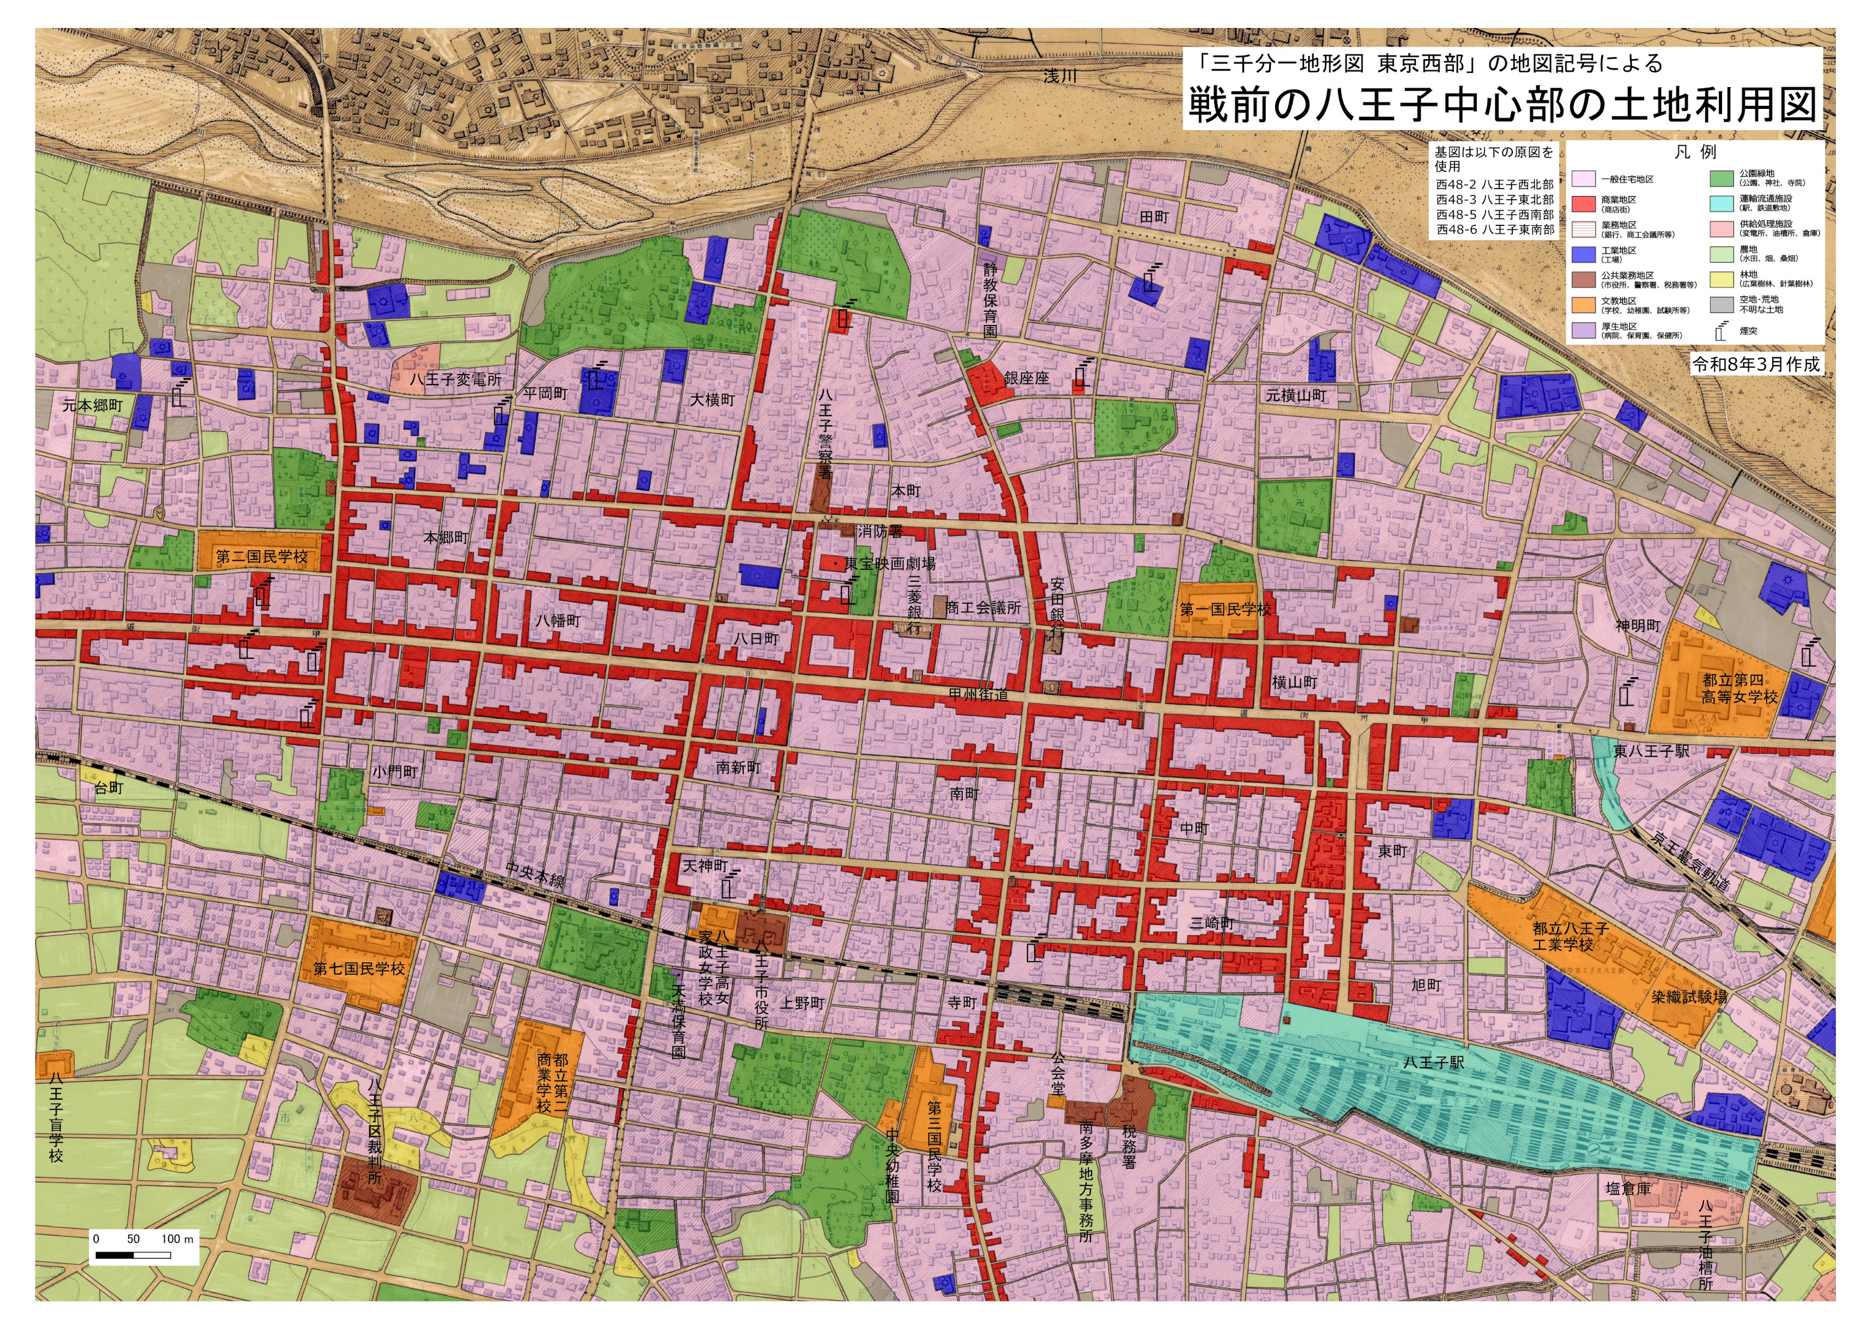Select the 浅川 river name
1060,76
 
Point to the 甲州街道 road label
978,695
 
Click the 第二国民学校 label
262,557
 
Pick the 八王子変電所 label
456,380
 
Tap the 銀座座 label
1026,378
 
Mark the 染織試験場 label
1688,997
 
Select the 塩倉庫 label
1628,1188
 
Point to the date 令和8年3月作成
1756,364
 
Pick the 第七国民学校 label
358,968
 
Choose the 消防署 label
880,531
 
